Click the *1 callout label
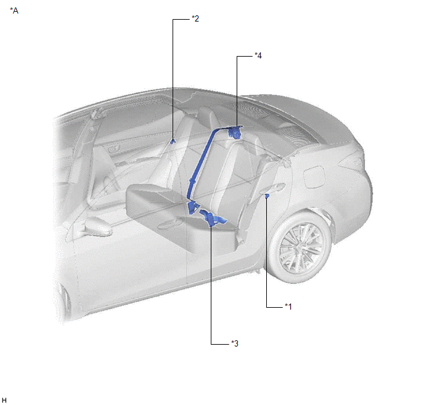pyautogui.click(x=288, y=307)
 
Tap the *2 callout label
pyautogui.click(x=195, y=18)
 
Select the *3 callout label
pyautogui.click(x=235, y=343)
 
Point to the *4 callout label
pyautogui.click(x=258, y=55)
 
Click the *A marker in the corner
pyautogui.click(x=14, y=10)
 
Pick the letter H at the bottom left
pyautogui.click(x=4, y=400)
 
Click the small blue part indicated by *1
pyautogui.click(x=267, y=196)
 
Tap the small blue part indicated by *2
pyautogui.click(x=173, y=141)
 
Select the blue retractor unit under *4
pyautogui.click(x=234, y=132)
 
